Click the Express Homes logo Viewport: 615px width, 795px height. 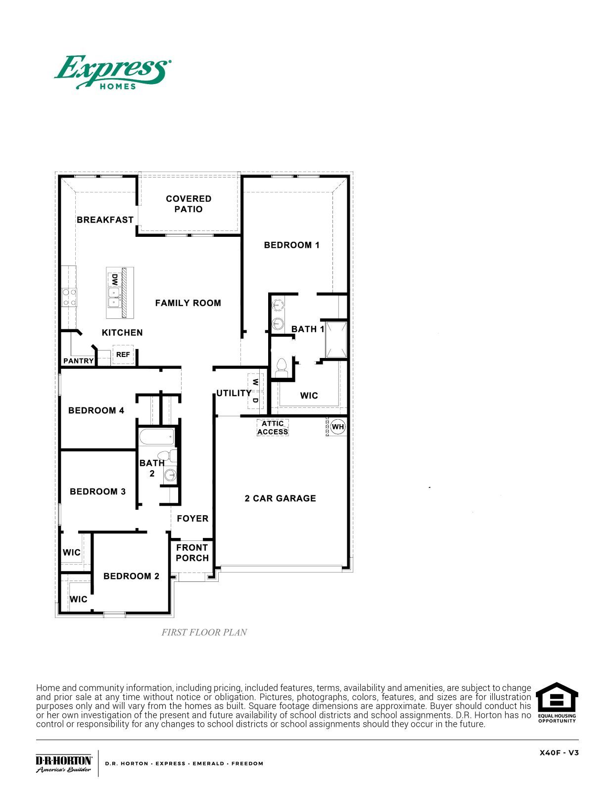(113, 72)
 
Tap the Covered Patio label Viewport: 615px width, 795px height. (189, 204)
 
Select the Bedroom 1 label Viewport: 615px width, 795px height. (291, 245)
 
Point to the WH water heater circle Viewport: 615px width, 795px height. (338, 427)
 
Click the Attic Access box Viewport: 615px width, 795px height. (273, 428)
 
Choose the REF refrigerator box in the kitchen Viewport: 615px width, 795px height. (123, 354)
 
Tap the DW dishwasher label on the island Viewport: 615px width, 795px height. (115, 280)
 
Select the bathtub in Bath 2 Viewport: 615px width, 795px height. (157, 437)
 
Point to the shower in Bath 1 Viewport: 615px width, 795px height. (336, 340)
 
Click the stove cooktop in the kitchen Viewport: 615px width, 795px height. (69, 297)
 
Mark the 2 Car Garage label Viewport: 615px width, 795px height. (280, 498)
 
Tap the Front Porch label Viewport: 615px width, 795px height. (192, 553)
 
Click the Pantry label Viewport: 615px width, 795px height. (78, 361)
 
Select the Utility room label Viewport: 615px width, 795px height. (234, 393)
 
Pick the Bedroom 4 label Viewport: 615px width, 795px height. (96, 410)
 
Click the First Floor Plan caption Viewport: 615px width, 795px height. (204, 632)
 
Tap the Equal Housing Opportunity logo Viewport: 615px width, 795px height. (557, 703)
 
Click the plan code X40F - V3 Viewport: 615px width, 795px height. (559, 753)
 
